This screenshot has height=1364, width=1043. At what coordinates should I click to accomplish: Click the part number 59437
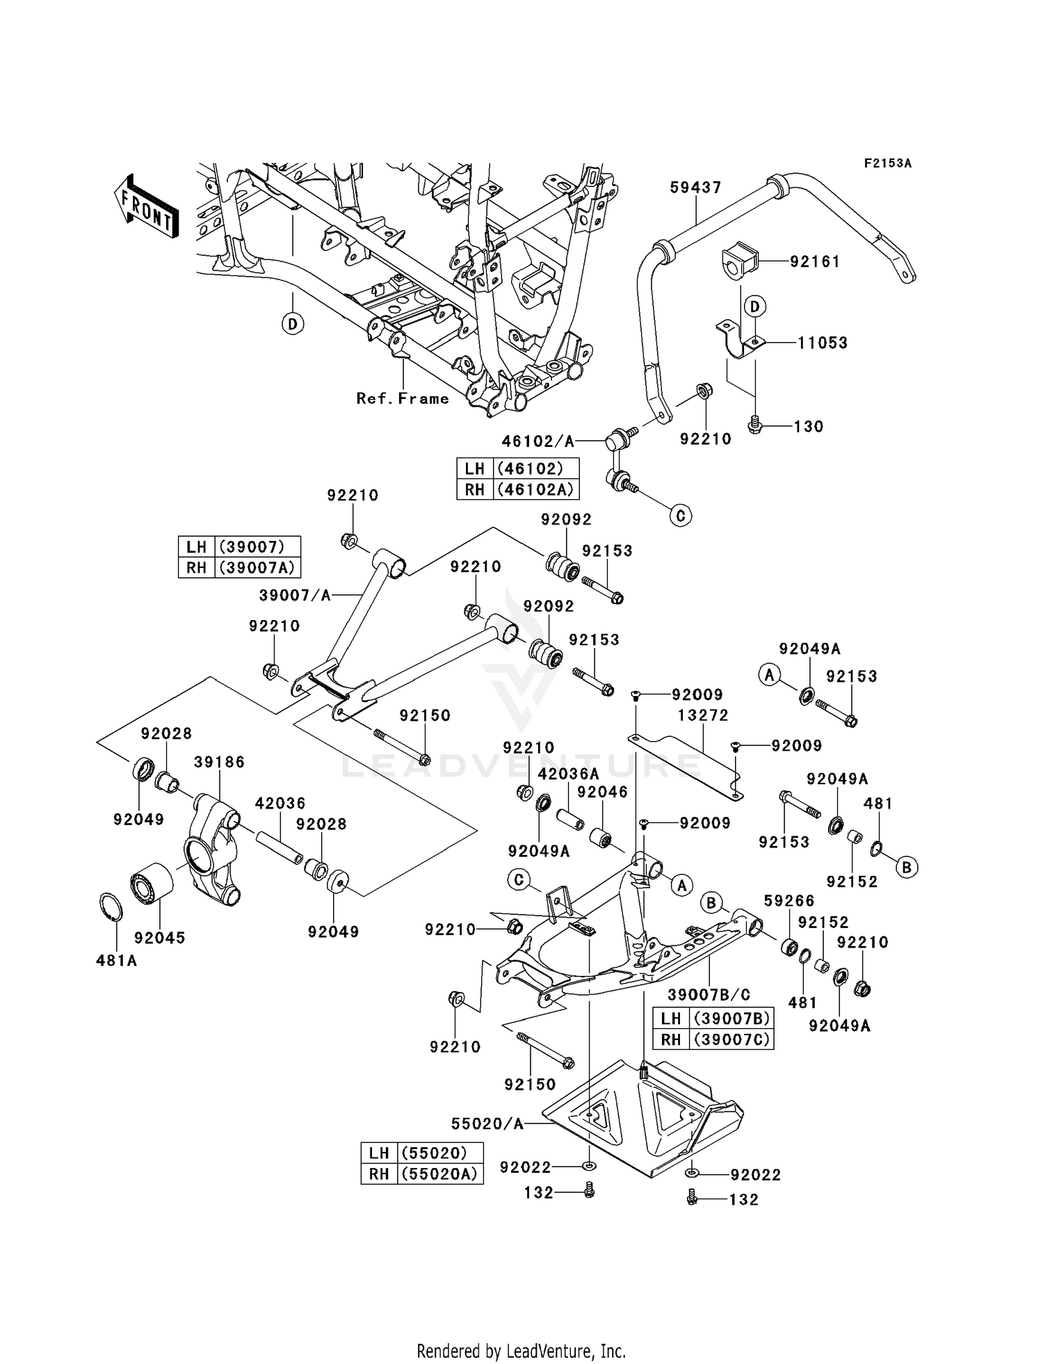coord(695,187)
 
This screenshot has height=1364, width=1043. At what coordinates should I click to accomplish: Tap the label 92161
coord(815,261)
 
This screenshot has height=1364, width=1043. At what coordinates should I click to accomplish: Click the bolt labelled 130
coord(754,425)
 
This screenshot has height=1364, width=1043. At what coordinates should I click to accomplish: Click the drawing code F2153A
coord(887,163)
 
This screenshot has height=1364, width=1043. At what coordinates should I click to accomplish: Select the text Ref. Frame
coord(403,398)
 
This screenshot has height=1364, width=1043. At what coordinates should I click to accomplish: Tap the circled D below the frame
coord(293,323)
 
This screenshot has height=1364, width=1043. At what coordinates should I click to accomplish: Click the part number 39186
coord(219,762)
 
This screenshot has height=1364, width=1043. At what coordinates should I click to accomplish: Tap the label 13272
coord(704,715)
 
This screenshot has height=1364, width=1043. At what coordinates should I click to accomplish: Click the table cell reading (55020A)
coord(439,1174)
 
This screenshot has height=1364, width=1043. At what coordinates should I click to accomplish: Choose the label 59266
coord(789,901)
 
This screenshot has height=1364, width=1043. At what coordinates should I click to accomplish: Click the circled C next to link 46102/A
coord(680,515)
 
